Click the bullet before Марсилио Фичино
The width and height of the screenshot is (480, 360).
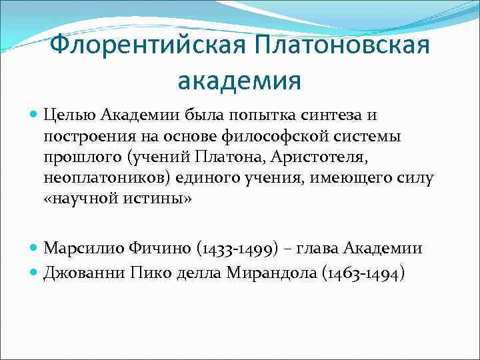(x=35, y=249)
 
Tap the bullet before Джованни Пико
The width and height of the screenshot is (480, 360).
(x=35, y=273)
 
